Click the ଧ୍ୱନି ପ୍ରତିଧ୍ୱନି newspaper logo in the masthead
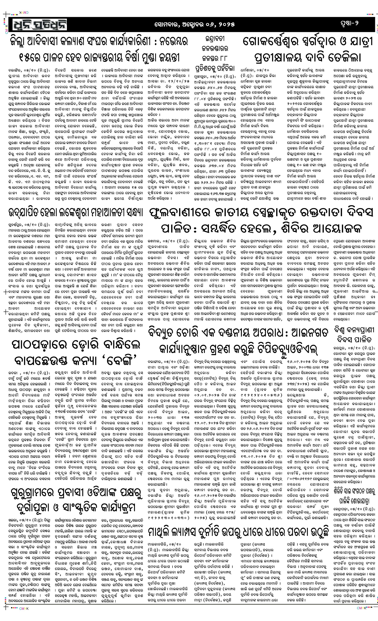point(38,24)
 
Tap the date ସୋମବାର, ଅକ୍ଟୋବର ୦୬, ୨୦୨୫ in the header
point(195,24)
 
